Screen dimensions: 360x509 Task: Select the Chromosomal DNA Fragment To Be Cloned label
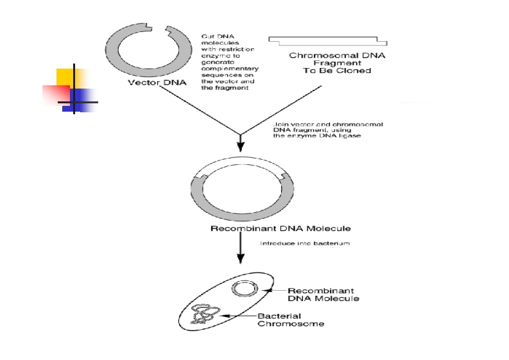pyautogui.click(x=337, y=63)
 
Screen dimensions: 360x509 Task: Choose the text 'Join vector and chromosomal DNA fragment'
pyautogui.click(x=319, y=126)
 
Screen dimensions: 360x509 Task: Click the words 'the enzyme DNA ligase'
pyautogui.click(x=308, y=136)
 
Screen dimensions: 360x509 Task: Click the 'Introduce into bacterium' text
pyautogui.click(x=304, y=244)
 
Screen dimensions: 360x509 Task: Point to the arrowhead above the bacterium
pyautogui.click(x=241, y=258)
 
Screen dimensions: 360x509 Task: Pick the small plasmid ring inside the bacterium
pyautogui.click(x=245, y=289)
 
